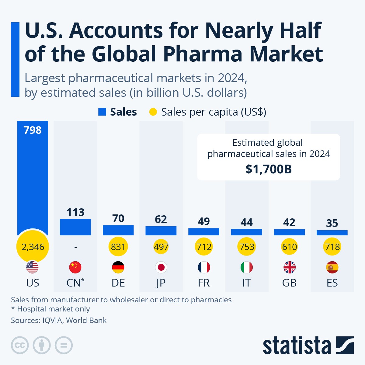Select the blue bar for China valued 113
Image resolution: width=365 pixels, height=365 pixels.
75,227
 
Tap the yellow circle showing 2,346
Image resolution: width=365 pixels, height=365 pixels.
33,247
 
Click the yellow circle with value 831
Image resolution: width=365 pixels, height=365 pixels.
118,247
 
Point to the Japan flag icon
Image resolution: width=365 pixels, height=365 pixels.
161,267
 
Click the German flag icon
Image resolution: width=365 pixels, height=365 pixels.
118,267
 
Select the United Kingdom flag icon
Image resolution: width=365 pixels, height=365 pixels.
289,267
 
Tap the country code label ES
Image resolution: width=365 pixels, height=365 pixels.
332,283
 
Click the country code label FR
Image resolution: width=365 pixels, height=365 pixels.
204,283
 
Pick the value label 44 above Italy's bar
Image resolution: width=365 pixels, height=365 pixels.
246,222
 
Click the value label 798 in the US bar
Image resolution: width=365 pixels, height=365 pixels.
33,130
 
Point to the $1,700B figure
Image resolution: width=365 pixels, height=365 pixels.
269,169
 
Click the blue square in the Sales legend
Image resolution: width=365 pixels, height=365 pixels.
102,112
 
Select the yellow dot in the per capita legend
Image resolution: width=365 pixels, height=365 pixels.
153,112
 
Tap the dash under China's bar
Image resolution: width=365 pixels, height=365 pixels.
75,247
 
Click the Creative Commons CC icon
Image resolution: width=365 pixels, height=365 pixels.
20,345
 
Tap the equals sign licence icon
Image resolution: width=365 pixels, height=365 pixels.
64,345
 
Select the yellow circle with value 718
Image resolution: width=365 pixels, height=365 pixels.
332,247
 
